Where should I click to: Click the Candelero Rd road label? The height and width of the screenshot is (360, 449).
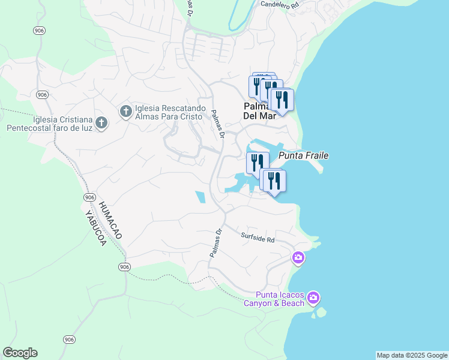coord(279,4)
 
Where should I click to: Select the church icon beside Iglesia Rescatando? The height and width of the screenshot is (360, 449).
coord(125,111)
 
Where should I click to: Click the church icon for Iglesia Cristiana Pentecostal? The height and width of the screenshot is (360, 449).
coord(101,124)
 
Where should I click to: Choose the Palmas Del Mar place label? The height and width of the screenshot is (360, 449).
coord(260,111)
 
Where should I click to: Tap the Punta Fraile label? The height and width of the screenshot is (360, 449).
coord(304,155)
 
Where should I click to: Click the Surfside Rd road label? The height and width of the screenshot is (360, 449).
coord(258,238)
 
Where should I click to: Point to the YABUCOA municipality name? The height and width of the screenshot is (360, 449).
coord(95,230)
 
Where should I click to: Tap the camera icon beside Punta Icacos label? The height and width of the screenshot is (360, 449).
coord(313,298)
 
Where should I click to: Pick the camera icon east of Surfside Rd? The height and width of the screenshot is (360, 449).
coord(298,258)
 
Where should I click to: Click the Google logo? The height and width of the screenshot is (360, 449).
coord(20,353)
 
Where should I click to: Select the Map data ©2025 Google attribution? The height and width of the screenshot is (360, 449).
coord(412,355)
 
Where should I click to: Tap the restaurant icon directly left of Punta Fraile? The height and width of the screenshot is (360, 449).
coord(257,162)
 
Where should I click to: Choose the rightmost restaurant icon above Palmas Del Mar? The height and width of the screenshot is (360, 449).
coord(282,99)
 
